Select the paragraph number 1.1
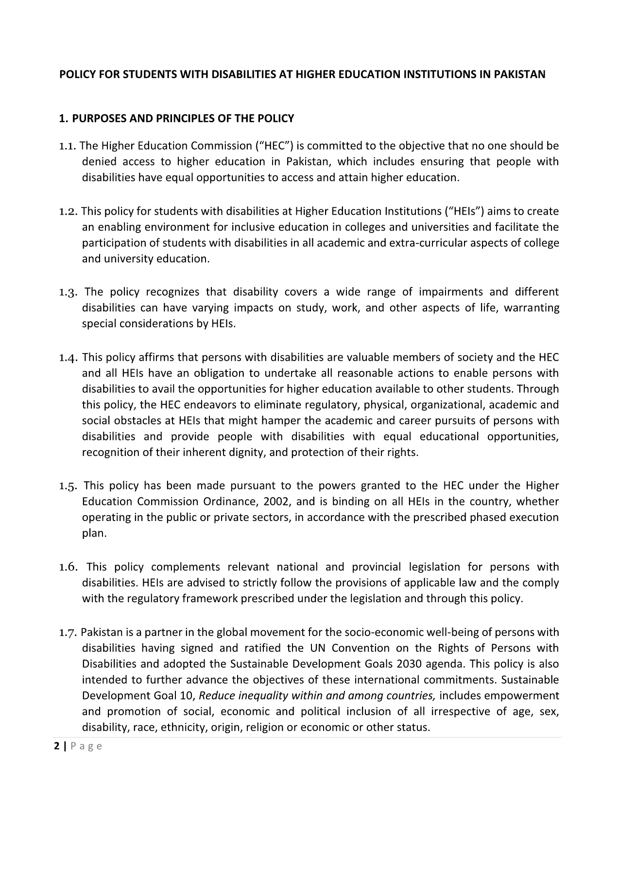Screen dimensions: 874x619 (68, 146)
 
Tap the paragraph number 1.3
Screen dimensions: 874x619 (69, 292)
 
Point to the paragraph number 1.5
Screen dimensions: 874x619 (69, 486)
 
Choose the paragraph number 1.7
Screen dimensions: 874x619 (69, 633)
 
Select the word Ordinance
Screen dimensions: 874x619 (226, 502)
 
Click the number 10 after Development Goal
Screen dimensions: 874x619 (187, 696)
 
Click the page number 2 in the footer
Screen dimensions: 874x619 (57, 746)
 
